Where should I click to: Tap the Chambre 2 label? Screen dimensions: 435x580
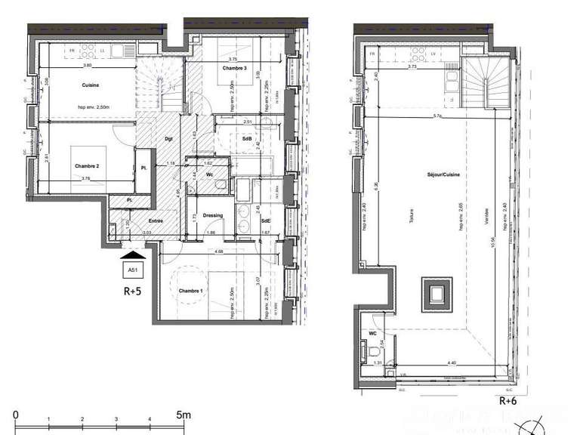[88, 165]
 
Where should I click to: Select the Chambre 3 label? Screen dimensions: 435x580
[235, 69]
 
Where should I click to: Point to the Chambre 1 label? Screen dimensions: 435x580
[192, 291]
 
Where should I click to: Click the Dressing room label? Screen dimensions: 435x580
[213, 215]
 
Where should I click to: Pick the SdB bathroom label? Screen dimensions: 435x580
[247, 140]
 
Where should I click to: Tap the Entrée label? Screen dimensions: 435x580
[156, 221]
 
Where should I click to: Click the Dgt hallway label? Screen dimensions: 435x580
[169, 140]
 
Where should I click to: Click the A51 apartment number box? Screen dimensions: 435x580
[133, 269]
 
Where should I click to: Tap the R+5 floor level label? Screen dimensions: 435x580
[134, 289]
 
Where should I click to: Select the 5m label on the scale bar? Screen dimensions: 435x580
[184, 415]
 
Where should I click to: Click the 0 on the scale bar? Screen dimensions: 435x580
[15, 415]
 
